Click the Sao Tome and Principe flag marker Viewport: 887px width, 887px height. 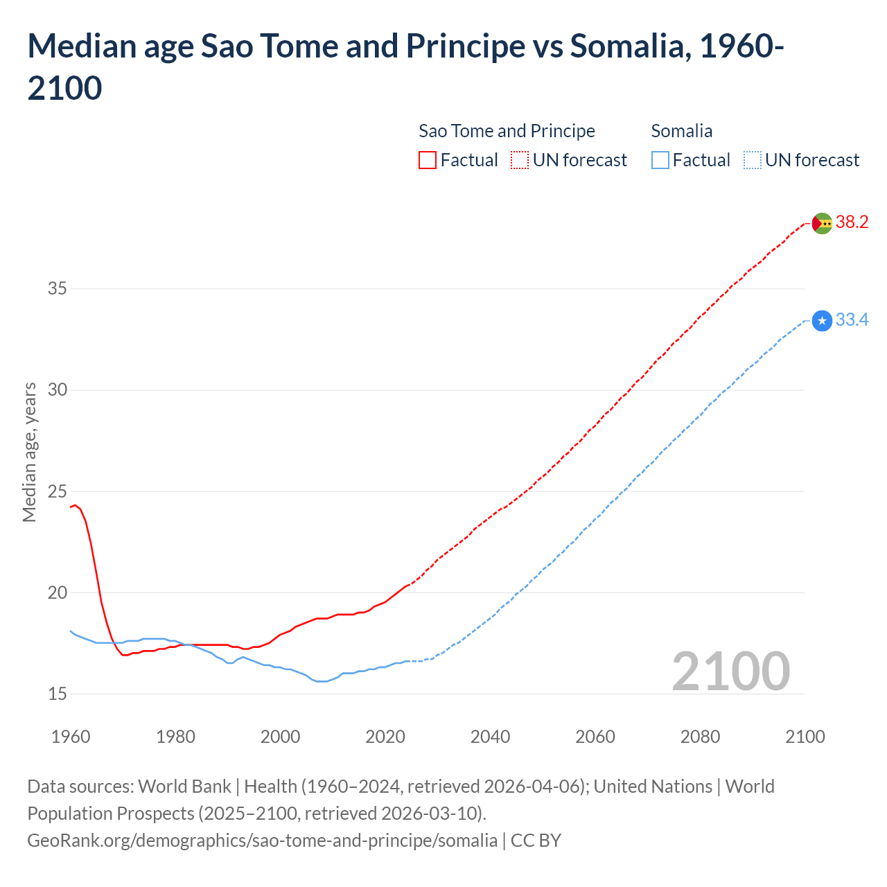pos(821,223)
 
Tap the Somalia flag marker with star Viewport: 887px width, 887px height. pos(822,321)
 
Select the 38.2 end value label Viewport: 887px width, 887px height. pos(852,222)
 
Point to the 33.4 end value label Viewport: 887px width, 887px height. pos(852,320)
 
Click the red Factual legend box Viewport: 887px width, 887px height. pos(428,161)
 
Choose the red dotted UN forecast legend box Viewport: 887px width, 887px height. pos(520,161)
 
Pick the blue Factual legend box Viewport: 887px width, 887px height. pos(660,161)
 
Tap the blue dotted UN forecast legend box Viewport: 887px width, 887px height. pos(752,161)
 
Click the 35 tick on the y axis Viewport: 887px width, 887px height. pos(58,289)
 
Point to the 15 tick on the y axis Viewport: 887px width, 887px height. pos(58,694)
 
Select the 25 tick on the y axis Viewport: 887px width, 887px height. pos(58,492)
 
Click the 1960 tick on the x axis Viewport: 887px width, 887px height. pos(71,737)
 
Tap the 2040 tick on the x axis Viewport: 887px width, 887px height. pos(490,737)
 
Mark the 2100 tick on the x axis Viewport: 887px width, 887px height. pos(805,737)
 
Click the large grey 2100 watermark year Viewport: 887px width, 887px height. pos(730,671)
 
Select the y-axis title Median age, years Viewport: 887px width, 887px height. pos(29,452)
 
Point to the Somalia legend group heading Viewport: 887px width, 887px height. pos(681,131)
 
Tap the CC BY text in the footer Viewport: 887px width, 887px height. pos(536,841)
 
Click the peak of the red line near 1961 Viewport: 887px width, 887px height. pos(76,505)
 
